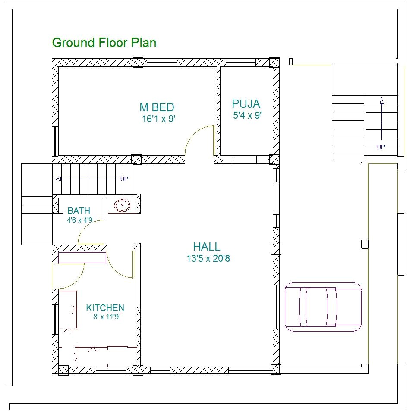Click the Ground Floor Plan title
(x=104, y=43)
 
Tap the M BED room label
(x=157, y=107)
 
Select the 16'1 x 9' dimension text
(x=158, y=119)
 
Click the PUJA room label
(x=246, y=104)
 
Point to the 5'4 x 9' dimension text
(x=247, y=116)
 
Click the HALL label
(x=207, y=247)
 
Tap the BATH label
(x=79, y=211)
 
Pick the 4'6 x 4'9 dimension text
(x=79, y=220)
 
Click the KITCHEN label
(x=105, y=308)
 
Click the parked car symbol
(x=323, y=307)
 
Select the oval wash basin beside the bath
(x=122, y=206)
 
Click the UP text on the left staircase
(x=124, y=179)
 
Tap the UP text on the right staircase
(x=381, y=147)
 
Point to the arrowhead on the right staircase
(x=382, y=101)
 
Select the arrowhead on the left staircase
(x=56, y=179)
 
